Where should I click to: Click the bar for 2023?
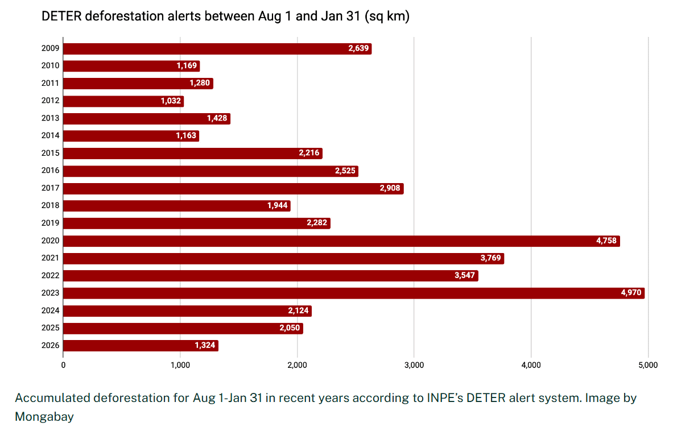click(x=353, y=293)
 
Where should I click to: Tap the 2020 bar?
click(x=341, y=241)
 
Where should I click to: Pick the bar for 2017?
click(x=233, y=189)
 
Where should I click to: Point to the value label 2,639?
click(x=358, y=49)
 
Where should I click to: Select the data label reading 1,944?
click(x=278, y=206)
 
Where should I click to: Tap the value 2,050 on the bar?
click(x=290, y=329)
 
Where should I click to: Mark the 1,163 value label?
click(x=186, y=136)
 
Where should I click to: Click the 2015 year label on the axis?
click(x=50, y=154)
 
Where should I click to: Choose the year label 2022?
click(x=50, y=276)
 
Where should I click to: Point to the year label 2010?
click(x=50, y=66)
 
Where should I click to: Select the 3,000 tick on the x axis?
click(x=414, y=364)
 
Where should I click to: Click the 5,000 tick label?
click(x=648, y=364)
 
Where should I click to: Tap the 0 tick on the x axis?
click(x=63, y=364)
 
